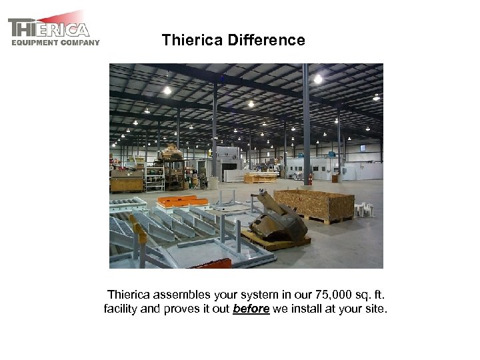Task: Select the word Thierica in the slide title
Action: point(193,41)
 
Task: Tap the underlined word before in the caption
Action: point(251,309)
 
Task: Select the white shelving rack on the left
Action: point(155,178)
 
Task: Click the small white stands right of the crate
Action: point(364,209)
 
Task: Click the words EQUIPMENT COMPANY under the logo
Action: point(55,43)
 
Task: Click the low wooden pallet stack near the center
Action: point(260,178)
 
